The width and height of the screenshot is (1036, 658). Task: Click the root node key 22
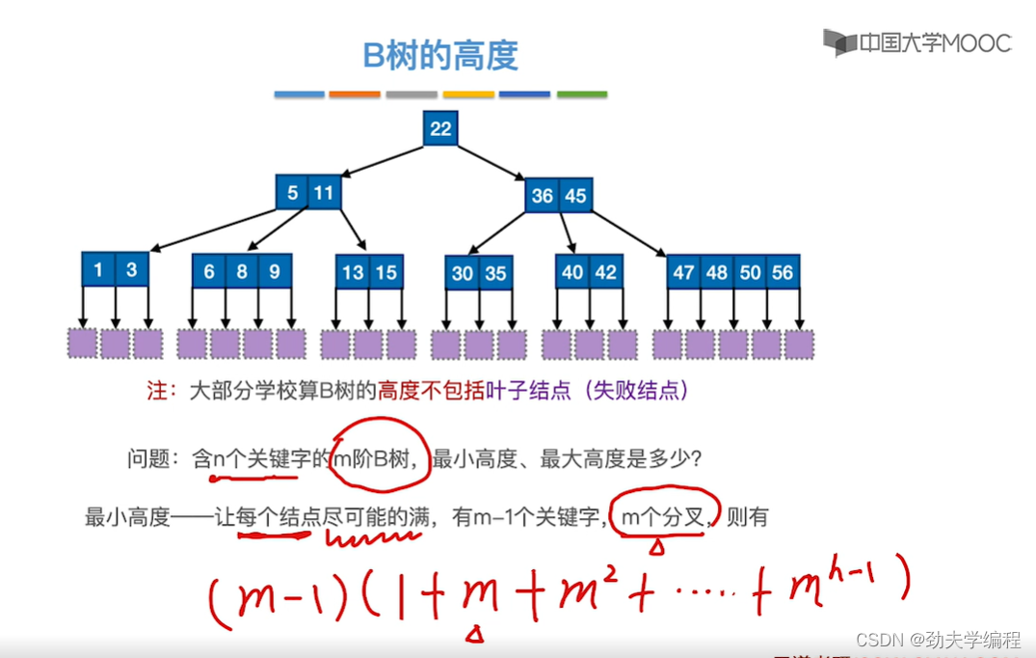(440, 129)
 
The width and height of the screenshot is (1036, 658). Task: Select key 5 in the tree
(292, 193)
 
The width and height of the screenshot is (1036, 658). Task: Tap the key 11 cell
(323, 193)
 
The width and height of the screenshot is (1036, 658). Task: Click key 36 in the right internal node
(543, 196)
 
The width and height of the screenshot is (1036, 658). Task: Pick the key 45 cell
(575, 196)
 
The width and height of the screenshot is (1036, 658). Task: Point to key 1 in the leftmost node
(98, 270)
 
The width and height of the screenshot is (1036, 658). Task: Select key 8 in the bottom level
(242, 272)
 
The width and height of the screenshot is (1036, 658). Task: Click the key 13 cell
(353, 273)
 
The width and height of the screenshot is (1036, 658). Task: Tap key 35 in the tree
(495, 274)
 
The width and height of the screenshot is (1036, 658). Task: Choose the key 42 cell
(605, 273)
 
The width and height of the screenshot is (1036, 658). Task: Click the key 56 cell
(783, 273)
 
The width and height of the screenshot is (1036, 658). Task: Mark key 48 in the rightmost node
(717, 273)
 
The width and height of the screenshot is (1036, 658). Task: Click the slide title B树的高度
(440, 55)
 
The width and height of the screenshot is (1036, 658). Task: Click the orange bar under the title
(355, 95)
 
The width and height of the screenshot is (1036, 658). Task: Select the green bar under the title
(582, 95)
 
